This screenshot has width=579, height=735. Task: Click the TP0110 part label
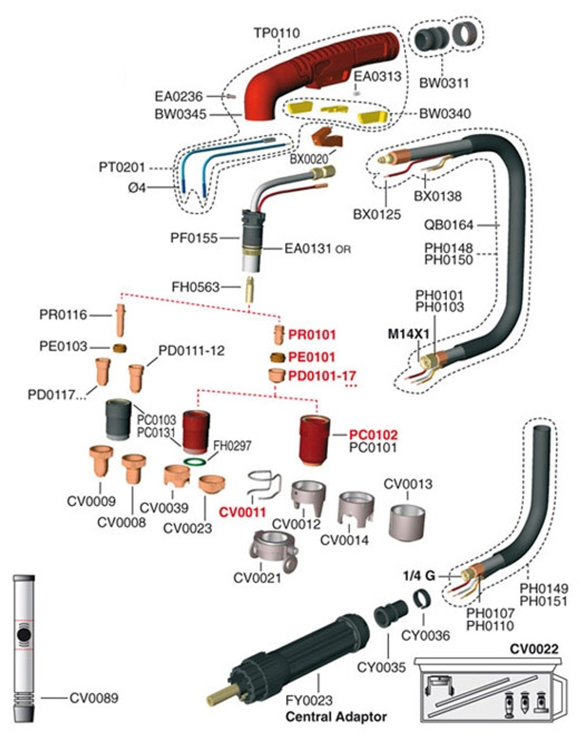pyautogui.click(x=277, y=32)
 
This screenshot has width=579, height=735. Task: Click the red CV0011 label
pyautogui.click(x=242, y=511)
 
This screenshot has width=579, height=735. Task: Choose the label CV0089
pyautogui.click(x=94, y=698)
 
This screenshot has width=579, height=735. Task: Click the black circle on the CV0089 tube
pyautogui.click(x=24, y=636)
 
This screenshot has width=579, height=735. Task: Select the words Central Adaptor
pyautogui.click(x=336, y=717)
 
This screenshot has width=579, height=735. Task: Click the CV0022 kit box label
pyautogui.click(x=534, y=648)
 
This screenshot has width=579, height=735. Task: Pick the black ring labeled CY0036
pyautogui.click(x=422, y=597)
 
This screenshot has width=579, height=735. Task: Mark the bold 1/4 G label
pyautogui.click(x=419, y=576)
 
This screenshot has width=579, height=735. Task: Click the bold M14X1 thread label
pyautogui.click(x=408, y=334)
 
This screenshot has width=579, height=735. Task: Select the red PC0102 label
pyautogui.click(x=373, y=434)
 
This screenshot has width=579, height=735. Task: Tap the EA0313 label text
pyautogui.click(x=378, y=76)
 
